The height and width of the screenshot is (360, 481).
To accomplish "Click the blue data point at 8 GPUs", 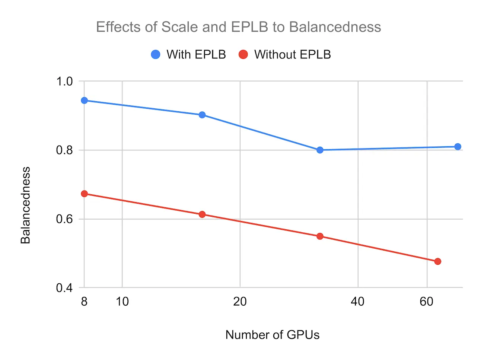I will click(x=84, y=101).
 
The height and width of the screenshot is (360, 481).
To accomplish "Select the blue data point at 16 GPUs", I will click(x=202, y=115).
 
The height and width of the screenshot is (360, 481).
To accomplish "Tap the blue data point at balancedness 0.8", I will click(x=320, y=150).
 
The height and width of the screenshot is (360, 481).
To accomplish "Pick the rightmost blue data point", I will click(x=458, y=147).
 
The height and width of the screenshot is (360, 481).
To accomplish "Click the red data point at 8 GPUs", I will click(x=84, y=194).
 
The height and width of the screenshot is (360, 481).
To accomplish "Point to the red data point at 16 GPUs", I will click(x=202, y=214).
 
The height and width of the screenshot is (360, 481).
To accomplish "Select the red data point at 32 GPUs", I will click(x=320, y=236).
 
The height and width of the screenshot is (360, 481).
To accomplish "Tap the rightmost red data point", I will click(x=437, y=261).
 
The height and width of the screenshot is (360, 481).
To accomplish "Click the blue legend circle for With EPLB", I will click(x=156, y=54).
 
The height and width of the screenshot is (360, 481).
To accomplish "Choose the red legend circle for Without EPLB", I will click(x=243, y=54).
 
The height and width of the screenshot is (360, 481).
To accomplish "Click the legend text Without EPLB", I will click(x=292, y=54).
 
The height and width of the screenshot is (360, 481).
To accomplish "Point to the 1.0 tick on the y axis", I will click(x=64, y=81).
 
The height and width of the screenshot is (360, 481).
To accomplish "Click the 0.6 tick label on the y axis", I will click(x=64, y=219).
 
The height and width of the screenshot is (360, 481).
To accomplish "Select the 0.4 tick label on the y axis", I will click(x=64, y=288).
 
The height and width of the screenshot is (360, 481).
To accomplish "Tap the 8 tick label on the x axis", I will click(x=84, y=301).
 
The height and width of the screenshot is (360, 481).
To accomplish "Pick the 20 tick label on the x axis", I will click(x=240, y=301).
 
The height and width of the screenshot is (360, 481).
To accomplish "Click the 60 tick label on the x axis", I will click(x=427, y=301).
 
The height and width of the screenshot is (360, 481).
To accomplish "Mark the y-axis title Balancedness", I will click(x=25, y=205).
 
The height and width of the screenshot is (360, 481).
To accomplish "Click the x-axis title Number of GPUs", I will click(x=272, y=335).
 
